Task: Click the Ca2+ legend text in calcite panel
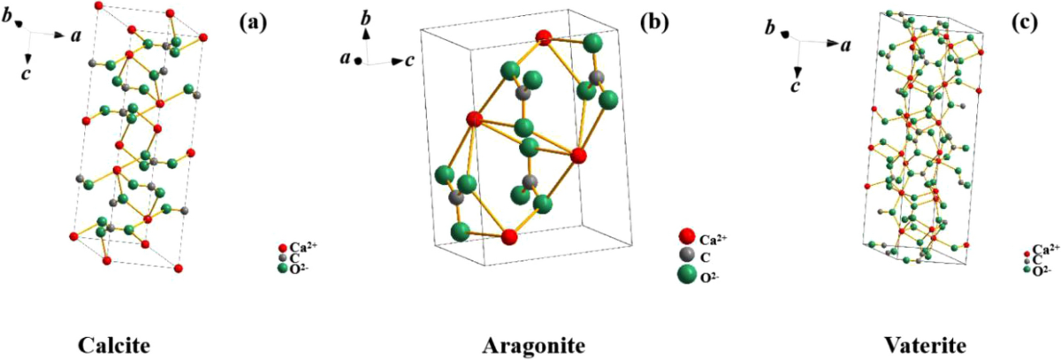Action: [305, 247]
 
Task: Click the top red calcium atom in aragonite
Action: [545, 37]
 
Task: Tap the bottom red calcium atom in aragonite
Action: [508, 237]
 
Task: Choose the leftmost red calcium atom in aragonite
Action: [473, 119]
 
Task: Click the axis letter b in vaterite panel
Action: [770, 29]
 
